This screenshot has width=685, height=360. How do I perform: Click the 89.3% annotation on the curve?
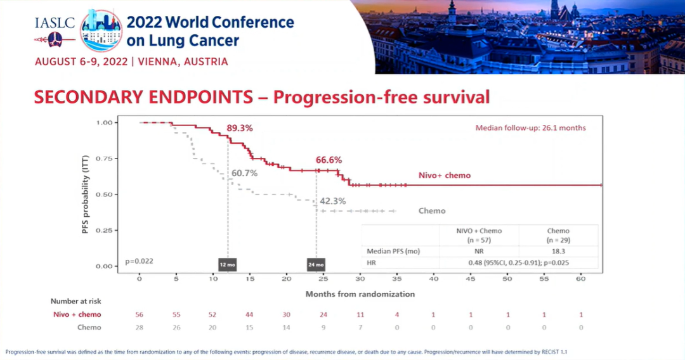point(239,128)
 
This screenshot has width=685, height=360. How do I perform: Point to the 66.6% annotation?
point(329,160)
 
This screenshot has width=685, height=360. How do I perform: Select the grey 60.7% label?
point(244,173)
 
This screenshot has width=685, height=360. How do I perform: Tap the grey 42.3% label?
point(332,201)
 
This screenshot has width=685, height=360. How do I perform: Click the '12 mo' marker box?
point(228,264)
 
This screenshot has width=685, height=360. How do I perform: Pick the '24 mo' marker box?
point(316,264)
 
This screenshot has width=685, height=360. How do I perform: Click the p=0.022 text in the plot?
point(139,261)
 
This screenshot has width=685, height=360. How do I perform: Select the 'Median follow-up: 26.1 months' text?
point(530,128)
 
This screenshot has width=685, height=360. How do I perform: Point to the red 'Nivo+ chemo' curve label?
point(444,176)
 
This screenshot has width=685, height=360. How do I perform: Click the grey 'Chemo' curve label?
point(432,211)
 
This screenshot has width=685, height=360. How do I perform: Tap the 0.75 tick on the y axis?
point(105,158)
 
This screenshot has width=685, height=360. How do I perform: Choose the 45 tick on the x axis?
point(470,279)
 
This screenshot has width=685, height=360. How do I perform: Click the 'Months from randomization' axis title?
point(360,294)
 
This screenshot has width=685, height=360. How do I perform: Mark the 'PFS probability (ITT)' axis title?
point(85,194)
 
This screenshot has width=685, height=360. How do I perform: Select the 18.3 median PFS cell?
point(558,252)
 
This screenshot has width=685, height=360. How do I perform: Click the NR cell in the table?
point(479,252)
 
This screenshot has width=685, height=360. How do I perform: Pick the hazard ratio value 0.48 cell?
point(519,262)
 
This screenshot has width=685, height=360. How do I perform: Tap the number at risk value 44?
point(249,314)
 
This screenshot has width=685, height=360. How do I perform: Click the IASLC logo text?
point(55,23)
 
